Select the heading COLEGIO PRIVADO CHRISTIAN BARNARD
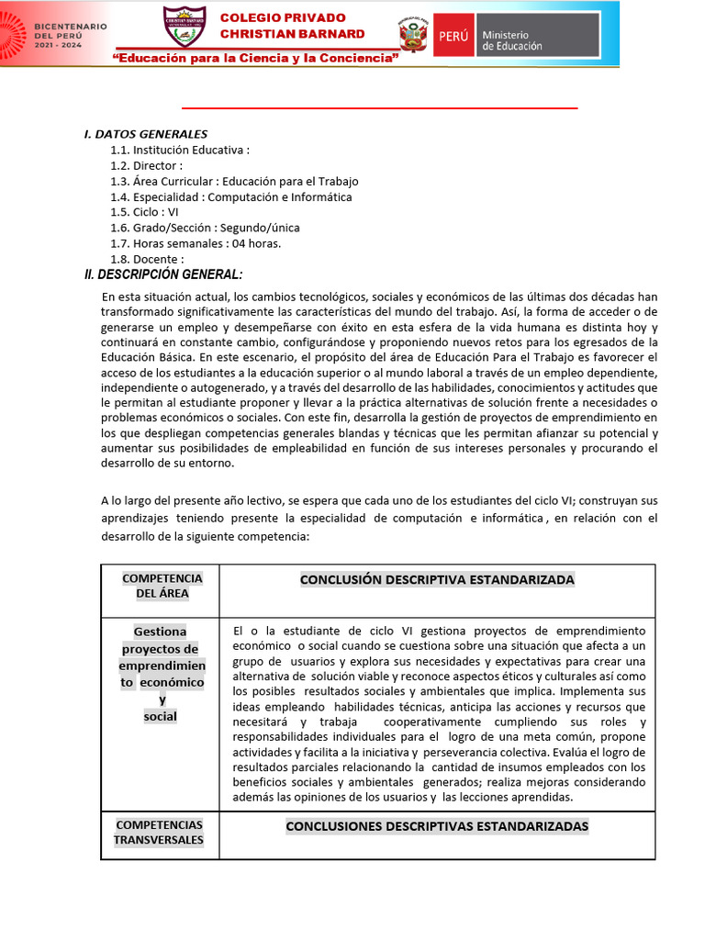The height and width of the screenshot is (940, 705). (x=292, y=26)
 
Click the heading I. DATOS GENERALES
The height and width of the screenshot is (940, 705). (x=146, y=134)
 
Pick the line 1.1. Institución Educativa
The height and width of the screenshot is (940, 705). (x=179, y=150)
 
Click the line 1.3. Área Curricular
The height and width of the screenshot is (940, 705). (x=234, y=181)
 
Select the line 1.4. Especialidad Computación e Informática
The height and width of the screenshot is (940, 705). (x=230, y=196)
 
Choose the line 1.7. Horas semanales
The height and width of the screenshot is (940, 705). (x=196, y=243)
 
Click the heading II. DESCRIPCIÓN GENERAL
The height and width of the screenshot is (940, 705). (x=163, y=274)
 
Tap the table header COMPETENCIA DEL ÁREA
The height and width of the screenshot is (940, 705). (x=162, y=586)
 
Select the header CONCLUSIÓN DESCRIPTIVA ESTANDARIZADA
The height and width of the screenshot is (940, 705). (x=437, y=579)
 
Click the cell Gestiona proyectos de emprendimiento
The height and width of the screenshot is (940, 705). (x=161, y=674)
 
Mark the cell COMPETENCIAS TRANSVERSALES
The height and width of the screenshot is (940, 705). (x=159, y=833)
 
